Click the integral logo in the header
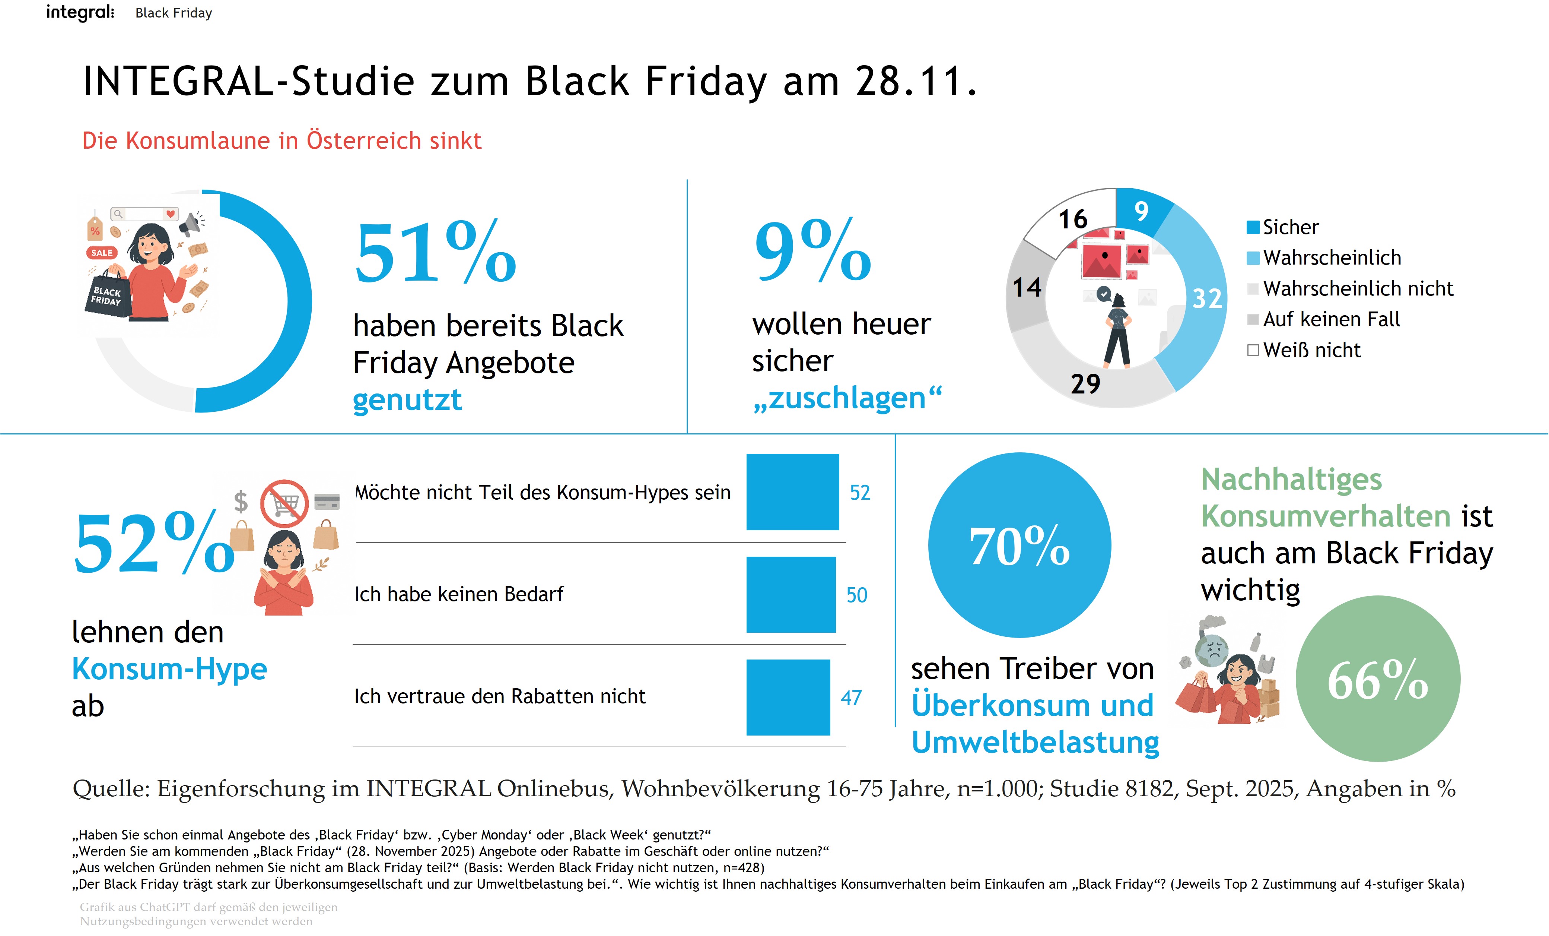pos(80,13)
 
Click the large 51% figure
pos(435,253)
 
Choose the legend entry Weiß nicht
pos(1311,350)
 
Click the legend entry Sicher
pos(1289,227)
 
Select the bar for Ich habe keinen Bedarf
pos(791,594)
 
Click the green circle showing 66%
pos(1377,679)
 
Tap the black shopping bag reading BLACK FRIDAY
pos(108,295)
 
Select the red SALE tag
pos(102,253)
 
